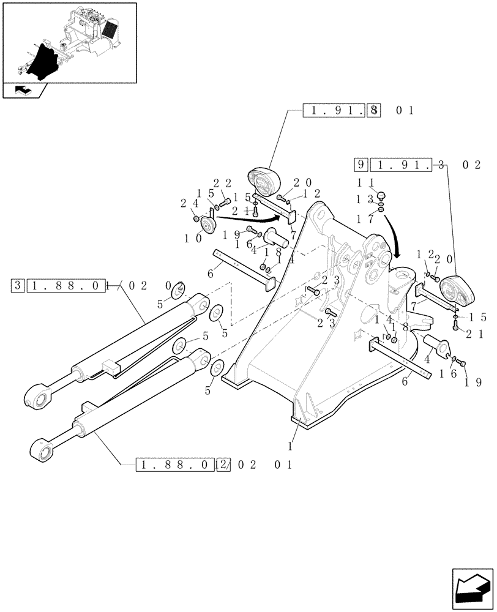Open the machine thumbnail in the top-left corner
tap(69, 43)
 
